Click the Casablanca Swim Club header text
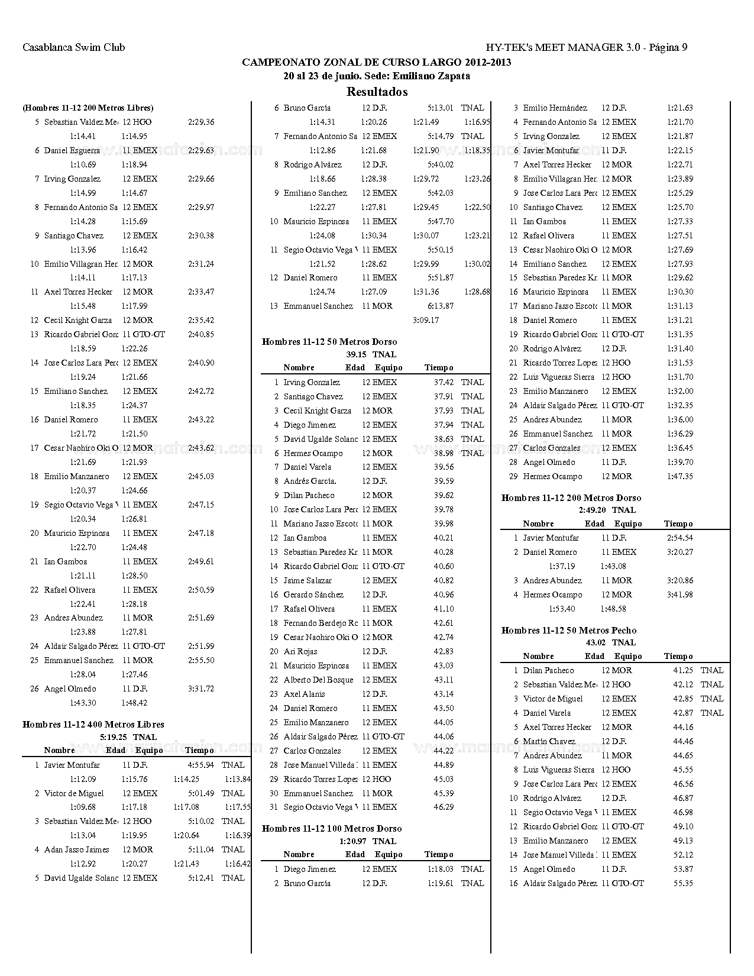pyautogui.click(x=74, y=47)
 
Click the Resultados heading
pyautogui.click(x=377, y=92)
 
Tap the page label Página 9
pyautogui.click(x=668, y=47)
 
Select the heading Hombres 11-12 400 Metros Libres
pyautogui.click(x=93, y=724)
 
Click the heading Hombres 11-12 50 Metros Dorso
pyautogui.click(x=329, y=341)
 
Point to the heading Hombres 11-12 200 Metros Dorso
pyautogui.click(x=571, y=497)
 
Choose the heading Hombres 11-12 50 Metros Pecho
pyautogui.click(x=569, y=630)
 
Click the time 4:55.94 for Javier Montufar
pyautogui.click(x=200, y=765)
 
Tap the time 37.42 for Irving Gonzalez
pyautogui.click(x=444, y=382)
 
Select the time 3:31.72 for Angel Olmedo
pyautogui.click(x=200, y=689)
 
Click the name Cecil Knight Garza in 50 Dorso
pyautogui.click(x=317, y=411)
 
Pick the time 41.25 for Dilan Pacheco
pyautogui.click(x=683, y=670)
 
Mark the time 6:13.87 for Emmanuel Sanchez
pyautogui.click(x=441, y=306)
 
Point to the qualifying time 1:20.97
pyautogui.click(x=353, y=841)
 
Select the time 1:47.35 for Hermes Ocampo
pyautogui.click(x=680, y=476)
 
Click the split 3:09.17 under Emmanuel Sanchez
pyautogui.click(x=426, y=320)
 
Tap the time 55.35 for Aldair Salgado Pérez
pyautogui.click(x=683, y=883)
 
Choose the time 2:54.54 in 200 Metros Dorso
pyautogui.click(x=680, y=538)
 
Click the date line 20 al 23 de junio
pyautogui.click(x=377, y=76)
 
